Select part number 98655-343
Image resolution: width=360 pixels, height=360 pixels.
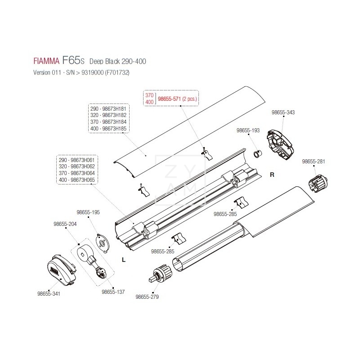pos(283,112)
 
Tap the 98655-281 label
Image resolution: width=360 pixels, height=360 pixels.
pos(314,161)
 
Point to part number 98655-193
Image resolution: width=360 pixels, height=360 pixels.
pos(248,130)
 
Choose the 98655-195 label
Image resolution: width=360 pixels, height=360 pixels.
pos(88,212)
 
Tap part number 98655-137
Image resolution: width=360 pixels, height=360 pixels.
pos(113,291)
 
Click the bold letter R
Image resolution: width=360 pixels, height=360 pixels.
pos(272,175)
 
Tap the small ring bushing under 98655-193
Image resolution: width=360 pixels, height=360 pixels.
pos(258,155)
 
